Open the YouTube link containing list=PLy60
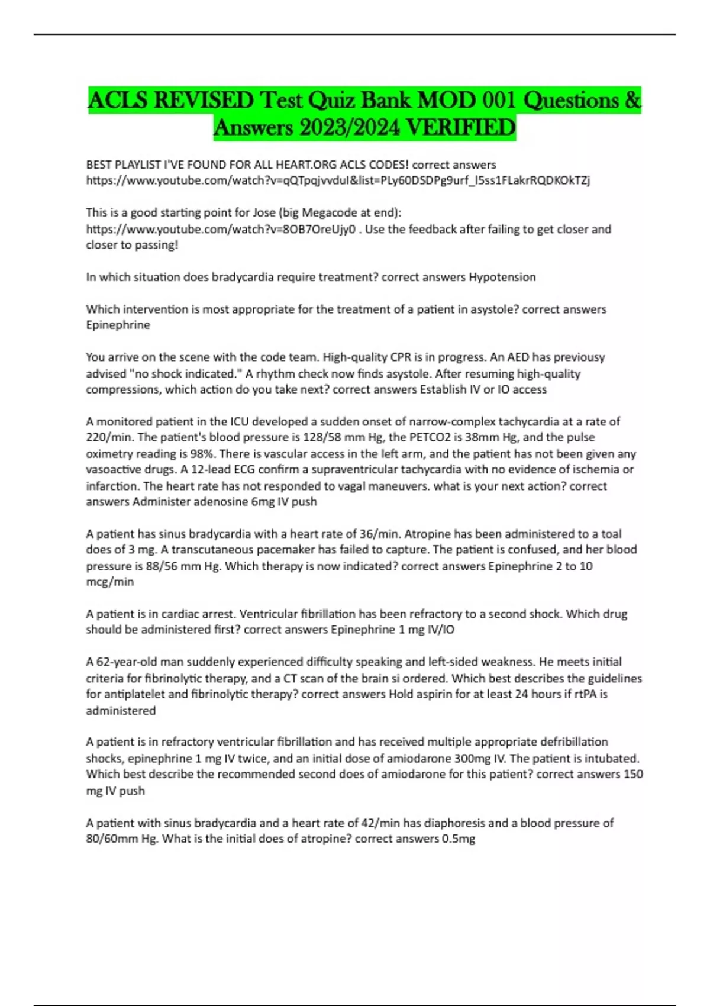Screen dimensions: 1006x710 tap(338, 180)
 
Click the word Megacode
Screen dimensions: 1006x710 tap(331, 212)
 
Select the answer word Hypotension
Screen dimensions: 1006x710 tap(502, 277)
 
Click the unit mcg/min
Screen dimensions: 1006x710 tap(110, 582)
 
